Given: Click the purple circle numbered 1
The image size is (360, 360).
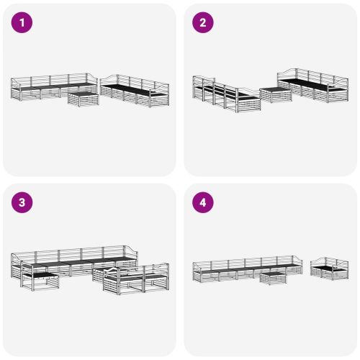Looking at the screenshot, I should tap(23, 23).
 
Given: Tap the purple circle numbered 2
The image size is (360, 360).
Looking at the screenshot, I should tap(203, 23).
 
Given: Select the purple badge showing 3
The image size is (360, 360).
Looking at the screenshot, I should tap(23, 203).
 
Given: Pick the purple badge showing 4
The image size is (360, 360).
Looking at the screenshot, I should tap(203, 203).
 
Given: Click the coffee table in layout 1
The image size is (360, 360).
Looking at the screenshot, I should tap(84, 98).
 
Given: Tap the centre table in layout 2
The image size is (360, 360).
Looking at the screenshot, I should tap(274, 94).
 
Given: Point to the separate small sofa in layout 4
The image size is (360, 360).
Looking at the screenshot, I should tap(329, 269).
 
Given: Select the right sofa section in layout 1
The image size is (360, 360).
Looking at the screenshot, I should tap(135, 89).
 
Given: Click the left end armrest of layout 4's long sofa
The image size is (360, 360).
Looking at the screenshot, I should tap(194, 271).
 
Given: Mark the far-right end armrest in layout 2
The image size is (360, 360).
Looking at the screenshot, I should tap(345, 88).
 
